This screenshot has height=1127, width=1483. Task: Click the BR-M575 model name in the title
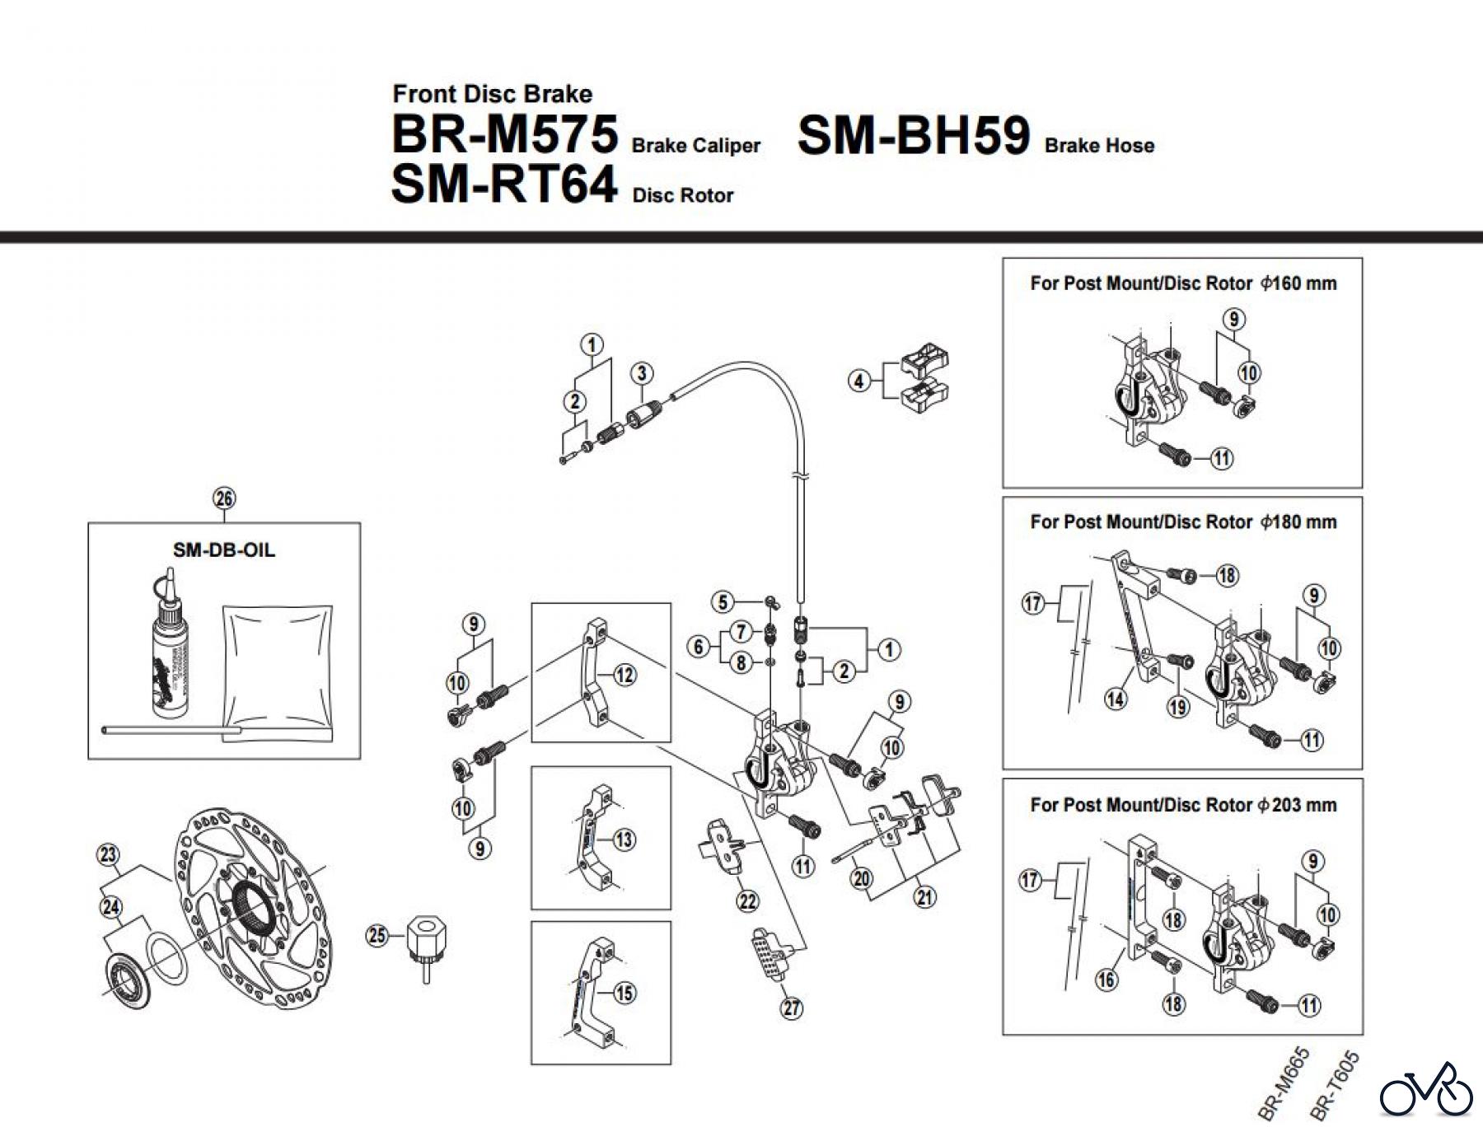504,134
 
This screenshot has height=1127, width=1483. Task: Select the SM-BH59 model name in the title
913,135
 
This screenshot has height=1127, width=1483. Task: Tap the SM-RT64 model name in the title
503,184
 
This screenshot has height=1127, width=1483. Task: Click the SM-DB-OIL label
223,550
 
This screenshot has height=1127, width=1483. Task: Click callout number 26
224,498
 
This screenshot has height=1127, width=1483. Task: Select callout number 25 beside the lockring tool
377,935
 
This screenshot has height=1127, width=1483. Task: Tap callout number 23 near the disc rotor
109,854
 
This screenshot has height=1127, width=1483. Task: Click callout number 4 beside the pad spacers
858,381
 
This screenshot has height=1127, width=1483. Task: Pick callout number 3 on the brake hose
642,373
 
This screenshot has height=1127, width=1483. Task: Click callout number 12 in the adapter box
625,676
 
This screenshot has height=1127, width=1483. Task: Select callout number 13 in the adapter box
625,839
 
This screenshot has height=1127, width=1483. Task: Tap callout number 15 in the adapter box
625,993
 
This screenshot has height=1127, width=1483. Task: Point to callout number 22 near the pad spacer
747,901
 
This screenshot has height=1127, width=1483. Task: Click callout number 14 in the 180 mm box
1116,699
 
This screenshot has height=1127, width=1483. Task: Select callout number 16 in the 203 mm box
1106,980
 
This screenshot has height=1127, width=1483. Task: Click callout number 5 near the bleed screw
723,601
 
